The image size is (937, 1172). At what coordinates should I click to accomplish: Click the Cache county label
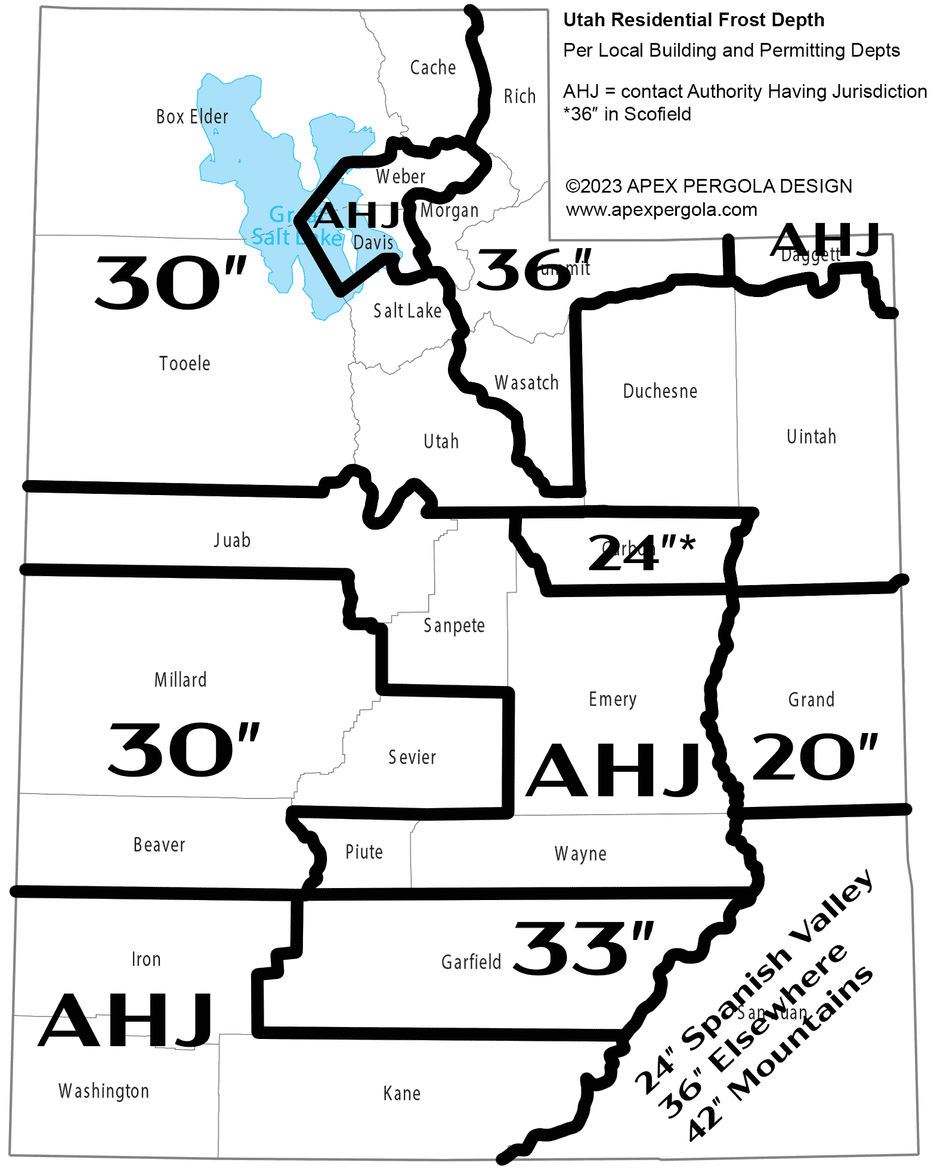click(432, 67)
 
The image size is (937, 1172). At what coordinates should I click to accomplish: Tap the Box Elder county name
click(191, 116)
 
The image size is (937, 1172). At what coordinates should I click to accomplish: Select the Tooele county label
click(184, 363)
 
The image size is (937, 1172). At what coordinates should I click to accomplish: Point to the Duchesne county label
click(660, 391)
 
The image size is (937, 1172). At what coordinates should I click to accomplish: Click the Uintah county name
click(811, 437)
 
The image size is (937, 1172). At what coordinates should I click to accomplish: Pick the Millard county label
click(180, 679)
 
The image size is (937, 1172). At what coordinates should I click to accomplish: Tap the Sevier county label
click(412, 757)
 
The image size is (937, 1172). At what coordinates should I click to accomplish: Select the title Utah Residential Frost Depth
click(694, 20)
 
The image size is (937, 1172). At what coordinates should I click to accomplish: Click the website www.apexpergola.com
click(661, 210)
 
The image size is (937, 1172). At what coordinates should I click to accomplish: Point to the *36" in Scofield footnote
click(627, 114)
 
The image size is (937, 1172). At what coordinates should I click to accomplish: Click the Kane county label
click(401, 1093)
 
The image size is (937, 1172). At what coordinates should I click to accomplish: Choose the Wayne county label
click(580, 854)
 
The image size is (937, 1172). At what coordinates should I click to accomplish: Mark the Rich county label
click(519, 96)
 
